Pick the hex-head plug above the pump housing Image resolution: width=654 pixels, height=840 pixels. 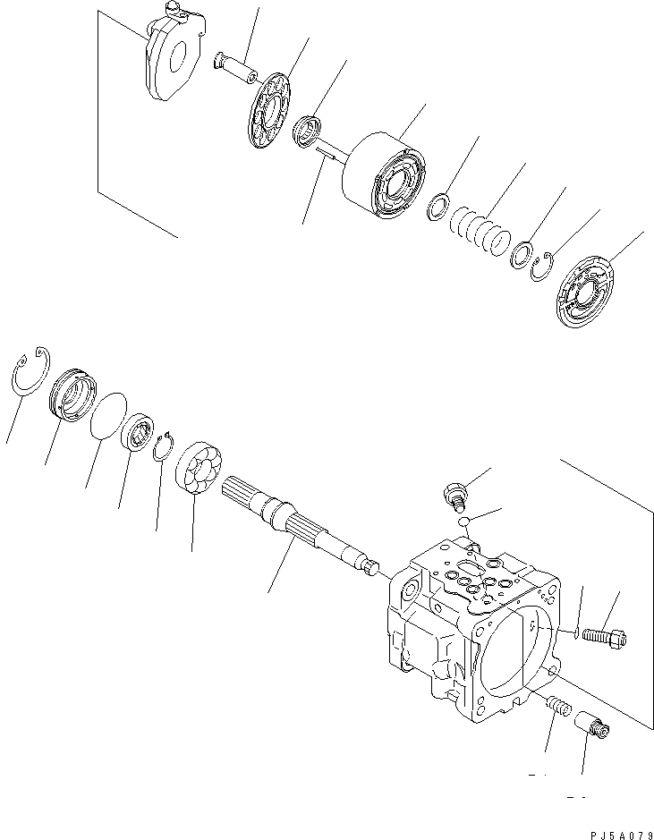pyautogui.click(x=455, y=492)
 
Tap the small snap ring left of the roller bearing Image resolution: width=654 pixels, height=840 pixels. pyautogui.click(x=161, y=444)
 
